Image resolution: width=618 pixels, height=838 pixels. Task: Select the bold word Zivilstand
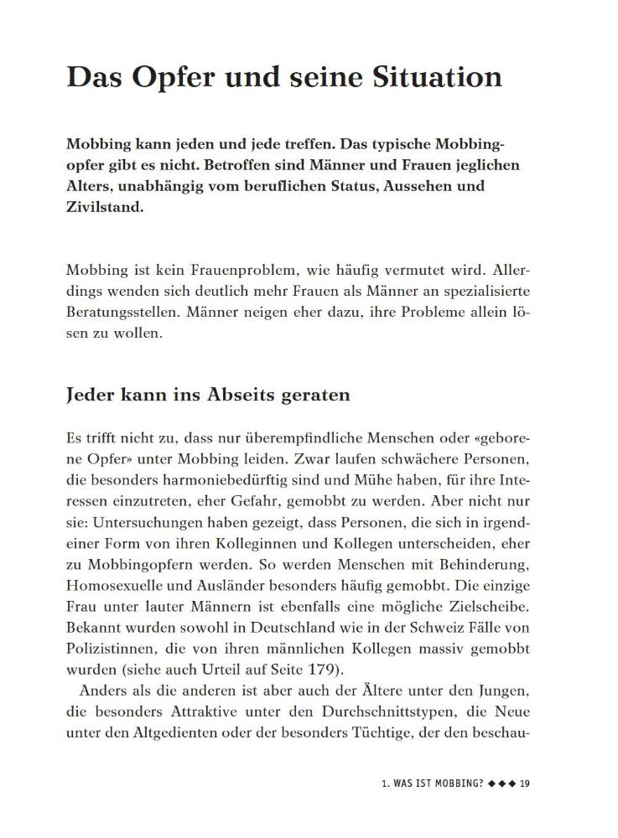coord(104,207)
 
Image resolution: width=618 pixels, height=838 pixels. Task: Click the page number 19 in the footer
coord(525,784)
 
